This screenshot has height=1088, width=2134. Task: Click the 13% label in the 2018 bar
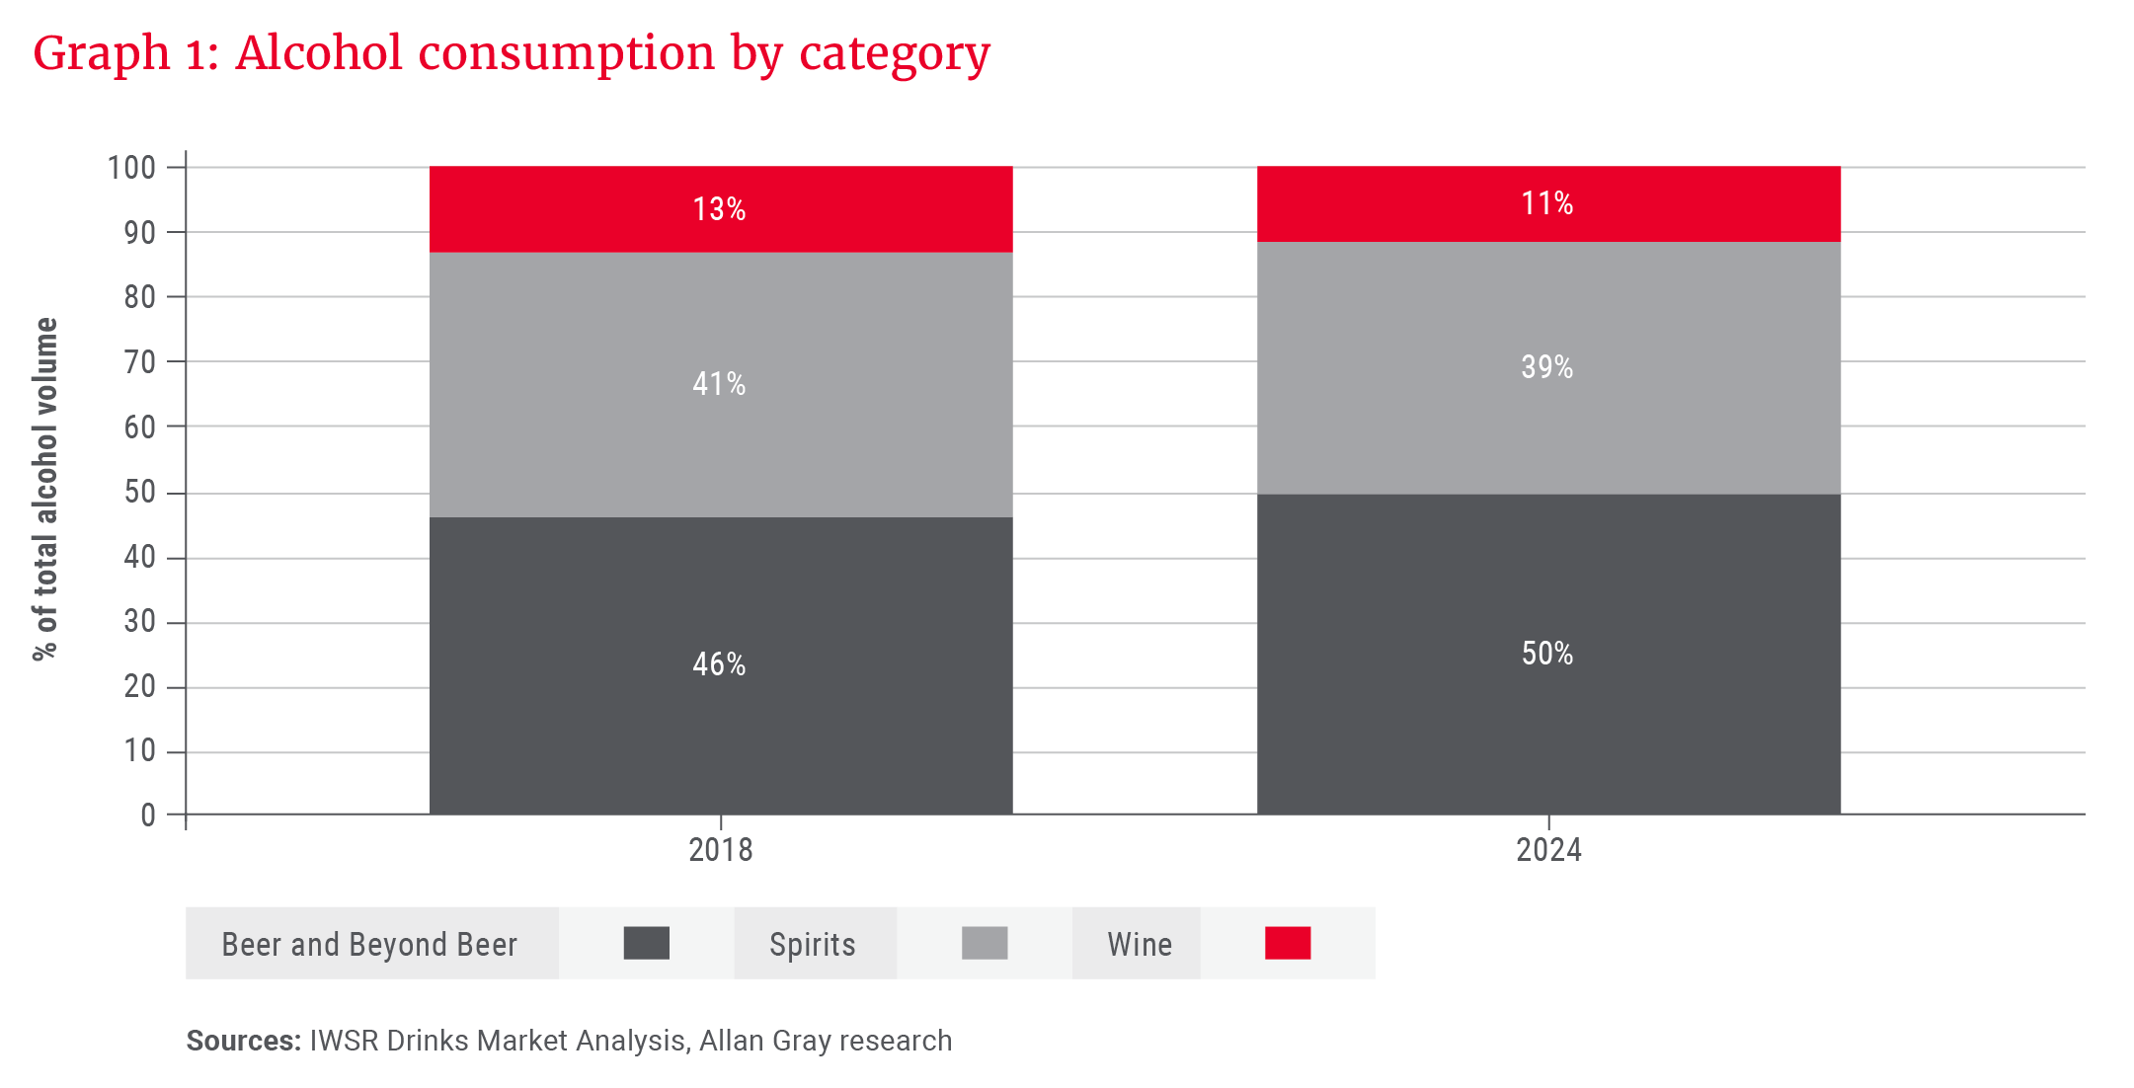(719, 209)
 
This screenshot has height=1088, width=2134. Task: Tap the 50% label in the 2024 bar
(1546, 654)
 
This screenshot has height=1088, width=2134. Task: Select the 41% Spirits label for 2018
(719, 384)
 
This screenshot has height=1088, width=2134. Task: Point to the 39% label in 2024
(1546, 367)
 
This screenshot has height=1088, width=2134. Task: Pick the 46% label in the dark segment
(719, 664)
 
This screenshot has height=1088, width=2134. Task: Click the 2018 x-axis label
(720, 850)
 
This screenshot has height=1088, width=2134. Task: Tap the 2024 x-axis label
(1547, 850)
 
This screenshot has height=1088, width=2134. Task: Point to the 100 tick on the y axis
(131, 168)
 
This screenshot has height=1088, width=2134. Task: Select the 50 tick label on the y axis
(139, 492)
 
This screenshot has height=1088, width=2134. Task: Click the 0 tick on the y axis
(148, 816)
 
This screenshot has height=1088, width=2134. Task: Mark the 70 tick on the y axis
(139, 362)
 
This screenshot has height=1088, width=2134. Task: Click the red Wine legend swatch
(1287, 943)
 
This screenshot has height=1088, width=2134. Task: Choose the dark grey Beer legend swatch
(646, 943)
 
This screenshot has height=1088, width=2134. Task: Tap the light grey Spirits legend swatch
(984, 943)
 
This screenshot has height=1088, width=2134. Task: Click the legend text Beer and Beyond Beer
(369, 945)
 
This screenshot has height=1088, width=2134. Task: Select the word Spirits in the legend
(812, 945)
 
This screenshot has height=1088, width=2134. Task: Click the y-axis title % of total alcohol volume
(45, 489)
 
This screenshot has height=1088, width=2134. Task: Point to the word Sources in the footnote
(242, 1041)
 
